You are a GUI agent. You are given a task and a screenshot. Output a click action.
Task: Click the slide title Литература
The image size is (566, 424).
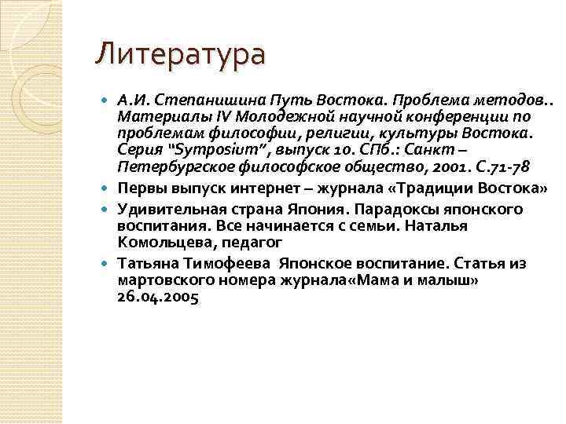coord(180,55)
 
